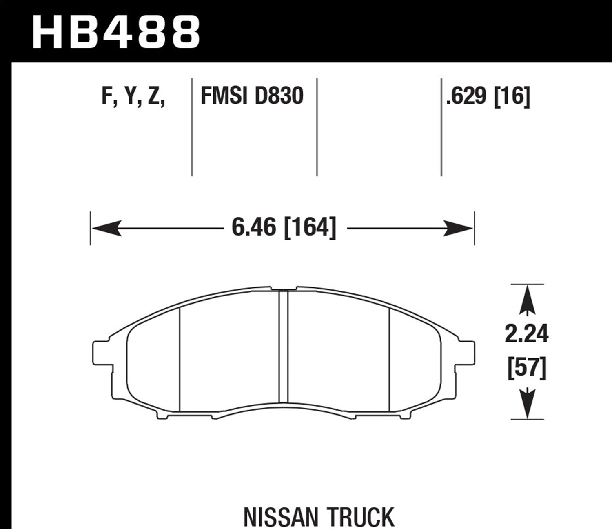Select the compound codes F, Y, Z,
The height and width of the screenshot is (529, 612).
pyautogui.click(x=133, y=96)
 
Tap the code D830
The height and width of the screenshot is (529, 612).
pyautogui.click(x=279, y=96)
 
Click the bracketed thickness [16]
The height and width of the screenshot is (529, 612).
pyautogui.click(x=512, y=97)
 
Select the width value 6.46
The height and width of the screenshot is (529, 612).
pyautogui.click(x=254, y=227)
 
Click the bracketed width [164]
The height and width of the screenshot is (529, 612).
pyautogui.click(x=310, y=227)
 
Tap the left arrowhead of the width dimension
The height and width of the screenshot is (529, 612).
pyautogui.click(x=106, y=228)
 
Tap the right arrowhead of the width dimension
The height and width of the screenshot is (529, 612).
pyautogui.click(x=458, y=228)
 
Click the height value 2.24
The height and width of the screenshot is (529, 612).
pyautogui.click(x=527, y=334)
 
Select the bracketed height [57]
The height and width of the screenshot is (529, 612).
pyautogui.click(x=527, y=368)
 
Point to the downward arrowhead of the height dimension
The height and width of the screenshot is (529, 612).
pyautogui.click(x=528, y=404)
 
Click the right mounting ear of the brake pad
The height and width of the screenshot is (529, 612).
pyautogui.click(x=467, y=352)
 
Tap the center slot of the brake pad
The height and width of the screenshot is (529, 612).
pyautogui.click(x=283, y=347)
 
